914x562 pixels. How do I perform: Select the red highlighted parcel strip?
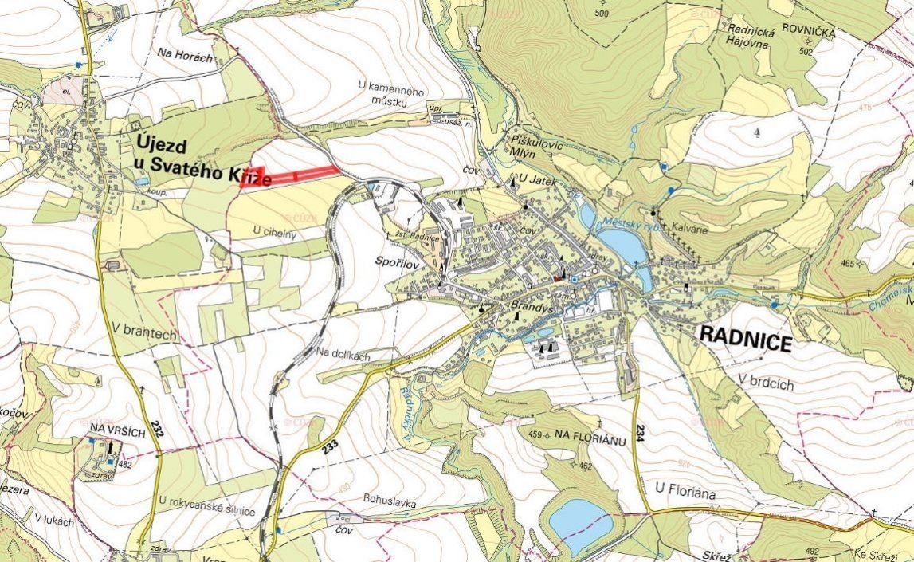pos(291,175)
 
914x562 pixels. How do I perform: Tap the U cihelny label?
pos(274,230)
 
